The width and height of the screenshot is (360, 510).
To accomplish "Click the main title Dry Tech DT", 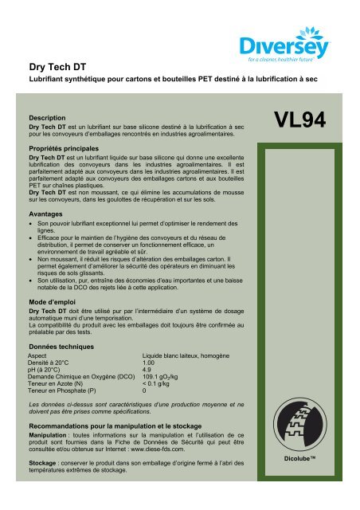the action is point(53,69).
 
